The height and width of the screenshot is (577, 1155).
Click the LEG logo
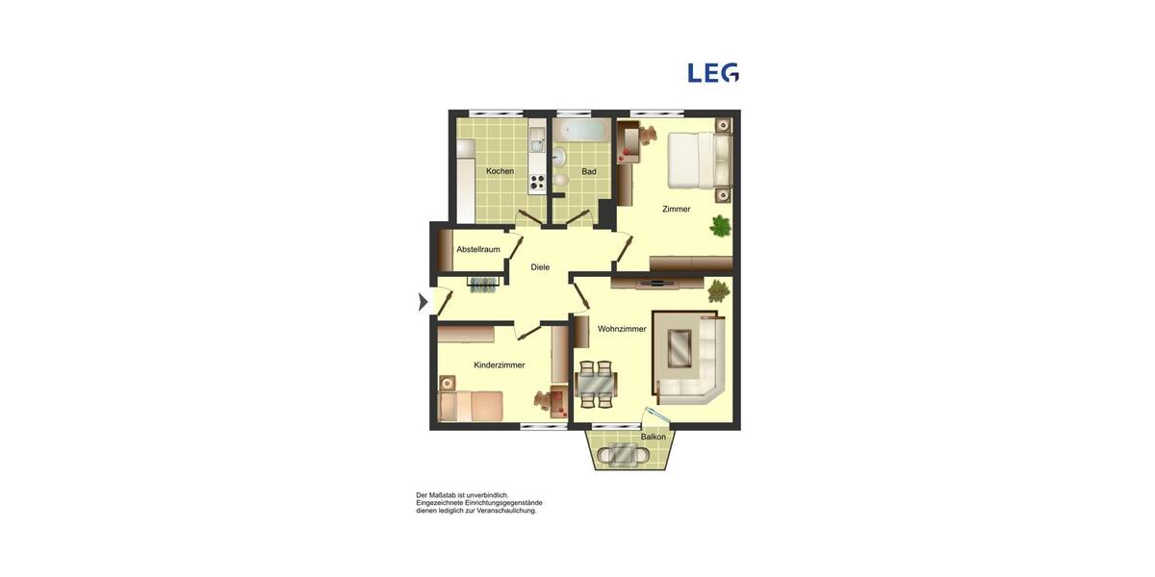tap(713, 73)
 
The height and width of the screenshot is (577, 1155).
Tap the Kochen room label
tap(500, 171)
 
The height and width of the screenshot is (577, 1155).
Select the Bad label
tap(589, 172)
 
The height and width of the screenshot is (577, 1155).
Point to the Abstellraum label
tap(478, 249)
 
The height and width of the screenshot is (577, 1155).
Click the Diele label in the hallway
tap(540, 267)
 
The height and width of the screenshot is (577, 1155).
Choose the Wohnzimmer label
tap(622, 329)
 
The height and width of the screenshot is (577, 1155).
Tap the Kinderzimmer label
tap(500, 365)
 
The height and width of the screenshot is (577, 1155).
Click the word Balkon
tap(654, 437)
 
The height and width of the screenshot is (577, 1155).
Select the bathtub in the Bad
tap(581, 130)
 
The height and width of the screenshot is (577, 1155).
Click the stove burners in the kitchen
tap(537, 181)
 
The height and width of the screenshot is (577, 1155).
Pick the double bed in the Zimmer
tap(698, 160)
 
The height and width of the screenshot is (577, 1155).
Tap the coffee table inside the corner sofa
tap(680, 348)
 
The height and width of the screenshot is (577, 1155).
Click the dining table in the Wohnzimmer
tap(597, 384)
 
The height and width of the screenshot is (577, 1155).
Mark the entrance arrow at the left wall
tap(423, 302)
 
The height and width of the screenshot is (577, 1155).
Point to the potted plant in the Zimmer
tap(720, 226)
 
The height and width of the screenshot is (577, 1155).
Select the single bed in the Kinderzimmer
tap(471, 406)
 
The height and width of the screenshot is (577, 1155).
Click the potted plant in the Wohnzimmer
tap(718, 289)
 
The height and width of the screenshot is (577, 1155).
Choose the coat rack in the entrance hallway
tap(484, 284)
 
